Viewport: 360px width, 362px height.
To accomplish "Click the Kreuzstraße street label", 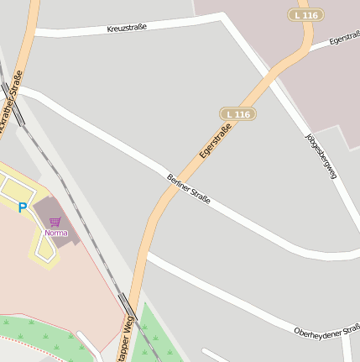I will [127, 28].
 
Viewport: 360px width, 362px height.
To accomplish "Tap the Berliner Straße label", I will [189, 191].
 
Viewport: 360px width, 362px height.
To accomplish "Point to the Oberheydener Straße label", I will [327, 331].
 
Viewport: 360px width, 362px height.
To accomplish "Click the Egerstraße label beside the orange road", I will [216, 142].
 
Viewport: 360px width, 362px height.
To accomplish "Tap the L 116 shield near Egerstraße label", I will [237, 113].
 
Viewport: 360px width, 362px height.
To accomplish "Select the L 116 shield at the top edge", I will [305, 15].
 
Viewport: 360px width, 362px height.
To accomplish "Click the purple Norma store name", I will [56, 233].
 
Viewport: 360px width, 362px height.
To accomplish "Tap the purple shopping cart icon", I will [55, 222].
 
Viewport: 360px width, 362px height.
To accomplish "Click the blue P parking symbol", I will [23, 207].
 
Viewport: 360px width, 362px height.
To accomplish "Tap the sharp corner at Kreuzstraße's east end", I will [223, 17].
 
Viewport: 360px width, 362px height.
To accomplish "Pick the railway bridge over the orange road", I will [132, 302].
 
